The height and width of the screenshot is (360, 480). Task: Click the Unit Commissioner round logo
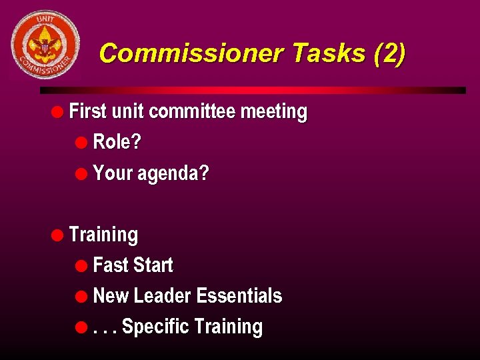point(45,45)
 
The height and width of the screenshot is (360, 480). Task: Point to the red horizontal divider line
point(253,90)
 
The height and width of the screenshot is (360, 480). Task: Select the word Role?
point(117,142)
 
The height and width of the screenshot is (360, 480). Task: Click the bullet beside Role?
point(81,143)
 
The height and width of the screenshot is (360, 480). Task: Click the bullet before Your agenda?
point(81,174)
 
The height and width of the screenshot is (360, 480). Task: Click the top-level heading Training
point(103,235)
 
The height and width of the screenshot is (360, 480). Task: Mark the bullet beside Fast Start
point(81,265)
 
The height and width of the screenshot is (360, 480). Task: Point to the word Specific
point(156,327)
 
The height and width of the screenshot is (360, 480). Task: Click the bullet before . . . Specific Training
point(81,327)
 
